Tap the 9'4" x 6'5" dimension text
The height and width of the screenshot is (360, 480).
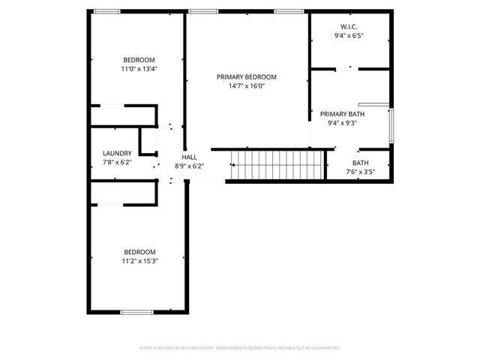[x=349, y=35]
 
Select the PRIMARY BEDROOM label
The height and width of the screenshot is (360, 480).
[x=247, y=76]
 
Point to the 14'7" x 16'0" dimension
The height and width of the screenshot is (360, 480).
[x=247, y=86]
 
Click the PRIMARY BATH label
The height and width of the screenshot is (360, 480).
[x=343, y=114]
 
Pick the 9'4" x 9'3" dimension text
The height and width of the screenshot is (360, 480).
[x=343, y=124]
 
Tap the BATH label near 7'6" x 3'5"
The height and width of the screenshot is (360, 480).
[x=361, y=163]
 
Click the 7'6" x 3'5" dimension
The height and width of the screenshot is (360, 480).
[x=361, y=172]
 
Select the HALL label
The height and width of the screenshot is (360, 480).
[x=189, y=157]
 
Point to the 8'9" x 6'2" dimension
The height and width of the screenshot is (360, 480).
[x=189, y=166]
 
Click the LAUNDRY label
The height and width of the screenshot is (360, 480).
[x=117, y=153]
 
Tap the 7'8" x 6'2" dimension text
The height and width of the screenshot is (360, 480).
[x=117, y=162]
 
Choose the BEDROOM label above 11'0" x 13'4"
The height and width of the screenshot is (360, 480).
[x=139, y=60]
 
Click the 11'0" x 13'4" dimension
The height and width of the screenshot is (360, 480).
[x=139, y=69]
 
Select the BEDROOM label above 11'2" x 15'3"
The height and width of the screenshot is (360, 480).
[x=139, y=251]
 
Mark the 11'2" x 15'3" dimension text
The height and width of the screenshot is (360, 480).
[x=139, y=261]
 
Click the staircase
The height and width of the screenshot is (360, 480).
[x=276, y=164]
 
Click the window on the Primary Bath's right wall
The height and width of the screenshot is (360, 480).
[x=390, y=125]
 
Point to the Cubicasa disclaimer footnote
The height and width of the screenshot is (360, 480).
[x=240, y=348]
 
